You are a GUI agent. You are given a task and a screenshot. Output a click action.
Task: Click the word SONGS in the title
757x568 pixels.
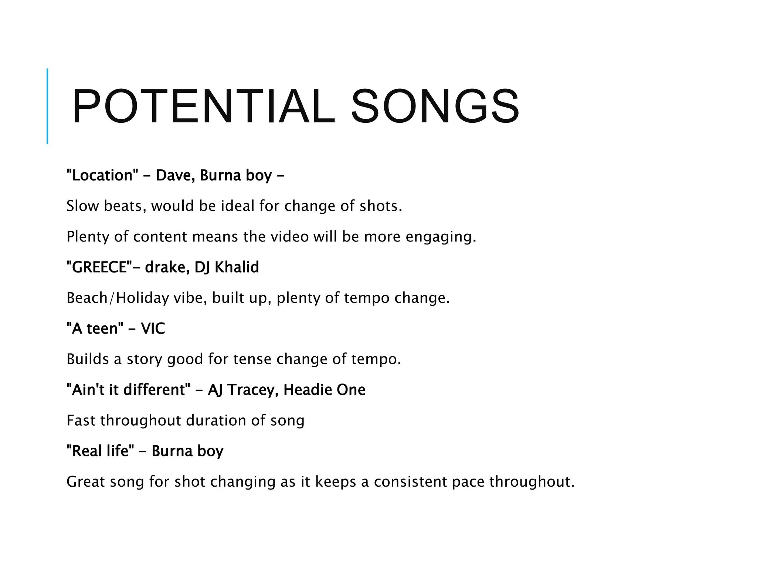tap(435, 106)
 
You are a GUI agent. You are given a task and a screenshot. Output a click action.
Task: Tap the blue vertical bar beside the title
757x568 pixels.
tap(47, 106)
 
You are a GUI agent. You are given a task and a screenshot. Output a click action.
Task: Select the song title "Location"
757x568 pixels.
tap(99, 175)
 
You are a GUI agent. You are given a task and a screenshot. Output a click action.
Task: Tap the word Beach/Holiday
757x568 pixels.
tap(118, 298)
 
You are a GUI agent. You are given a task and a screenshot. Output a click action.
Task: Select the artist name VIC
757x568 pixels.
tap(153, 328)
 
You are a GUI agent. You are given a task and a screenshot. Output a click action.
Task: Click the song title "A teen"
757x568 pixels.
tap(95, 328)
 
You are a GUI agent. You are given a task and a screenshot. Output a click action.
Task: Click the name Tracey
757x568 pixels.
tap(252, 390)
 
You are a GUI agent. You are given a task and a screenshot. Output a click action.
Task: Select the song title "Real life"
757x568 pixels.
tap(100, 451)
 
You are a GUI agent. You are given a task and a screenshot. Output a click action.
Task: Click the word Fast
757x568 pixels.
tap(81, 420)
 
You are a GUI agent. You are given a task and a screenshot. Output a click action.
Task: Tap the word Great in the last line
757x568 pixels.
tap(86, 482)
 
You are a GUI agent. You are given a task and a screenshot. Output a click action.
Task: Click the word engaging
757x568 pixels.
tap(441, 237)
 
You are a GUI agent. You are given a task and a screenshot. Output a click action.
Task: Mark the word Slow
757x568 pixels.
tap(82, 206)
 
